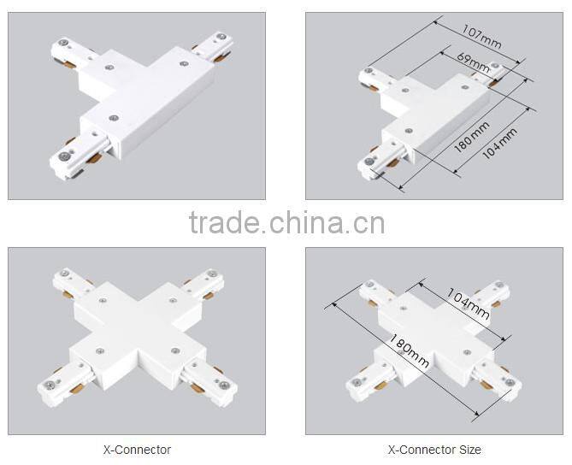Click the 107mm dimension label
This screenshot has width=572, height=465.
(481, 37)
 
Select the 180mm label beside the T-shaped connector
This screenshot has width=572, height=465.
(472, 137)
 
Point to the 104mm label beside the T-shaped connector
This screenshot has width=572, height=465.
(499, 144)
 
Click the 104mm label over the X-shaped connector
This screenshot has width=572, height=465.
(469, 303)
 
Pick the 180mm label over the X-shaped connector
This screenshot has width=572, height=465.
(409, 350)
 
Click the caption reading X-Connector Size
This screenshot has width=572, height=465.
(434, 450)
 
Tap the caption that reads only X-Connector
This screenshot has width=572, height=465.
(137, 450)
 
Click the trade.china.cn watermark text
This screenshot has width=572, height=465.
(286, 222)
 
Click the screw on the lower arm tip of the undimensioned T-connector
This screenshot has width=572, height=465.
(65, 156)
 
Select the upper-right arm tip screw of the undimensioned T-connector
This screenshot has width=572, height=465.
(221, 37)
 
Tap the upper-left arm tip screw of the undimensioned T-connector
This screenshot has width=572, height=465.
(64, 43)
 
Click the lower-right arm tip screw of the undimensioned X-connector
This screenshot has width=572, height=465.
(224, 384)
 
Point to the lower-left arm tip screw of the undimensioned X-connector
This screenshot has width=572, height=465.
(50, 384)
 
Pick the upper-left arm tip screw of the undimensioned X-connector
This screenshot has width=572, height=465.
(65, 273)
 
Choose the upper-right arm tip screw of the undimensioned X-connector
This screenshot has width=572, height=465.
(211, 274)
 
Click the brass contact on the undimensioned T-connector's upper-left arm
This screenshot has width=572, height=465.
(70, 65)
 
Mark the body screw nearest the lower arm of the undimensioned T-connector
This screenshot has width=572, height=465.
(114, 118)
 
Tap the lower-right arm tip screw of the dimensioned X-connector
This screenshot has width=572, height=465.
(510, 382)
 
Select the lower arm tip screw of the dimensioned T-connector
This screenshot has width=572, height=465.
(369, 160)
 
